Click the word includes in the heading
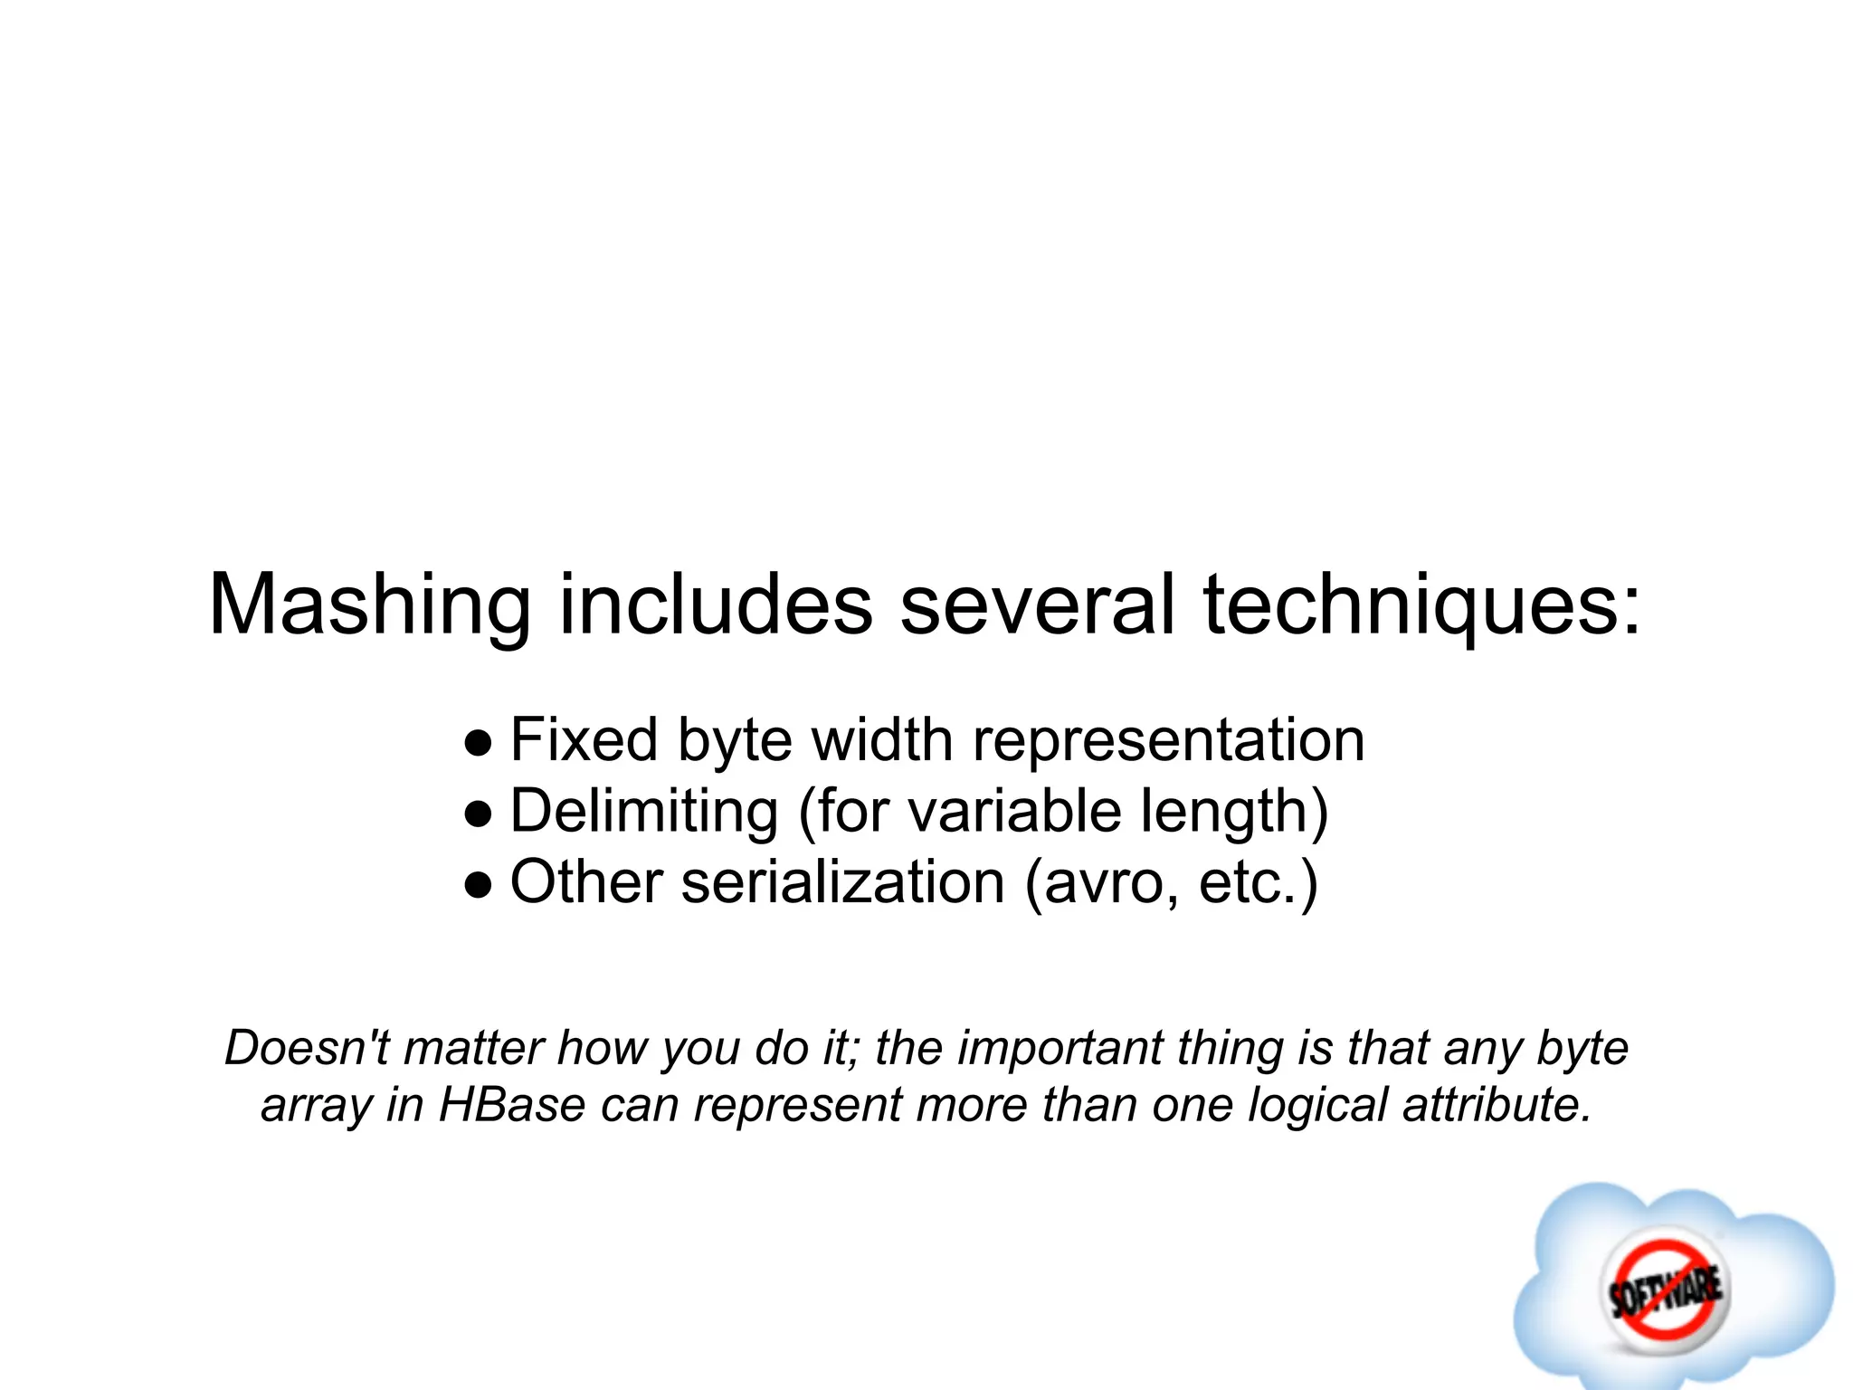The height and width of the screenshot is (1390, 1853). coord(716,605)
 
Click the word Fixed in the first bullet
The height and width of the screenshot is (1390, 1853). coord(584,740)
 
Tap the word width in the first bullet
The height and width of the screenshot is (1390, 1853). coord(882,740)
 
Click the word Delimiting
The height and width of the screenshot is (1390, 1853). coord(644,812)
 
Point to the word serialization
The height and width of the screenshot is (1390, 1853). coord(842,882)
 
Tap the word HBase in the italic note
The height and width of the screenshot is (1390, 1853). coord(512,1105)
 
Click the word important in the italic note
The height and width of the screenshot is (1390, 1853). coord(1060,1049)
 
